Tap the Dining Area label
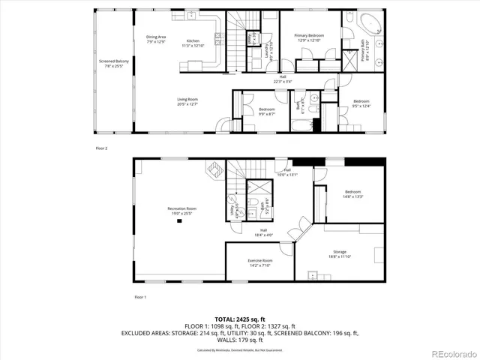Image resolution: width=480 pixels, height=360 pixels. coord(156,39)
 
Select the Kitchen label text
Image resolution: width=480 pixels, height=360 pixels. coord(193,43)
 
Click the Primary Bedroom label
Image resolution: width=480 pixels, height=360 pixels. coord(309,37)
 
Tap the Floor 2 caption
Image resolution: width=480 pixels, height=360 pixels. coord(101,148)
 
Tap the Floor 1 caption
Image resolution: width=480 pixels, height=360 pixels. coord(140,297)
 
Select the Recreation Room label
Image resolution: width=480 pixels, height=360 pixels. coord(181,210)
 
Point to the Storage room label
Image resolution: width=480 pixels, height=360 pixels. coord(340,254)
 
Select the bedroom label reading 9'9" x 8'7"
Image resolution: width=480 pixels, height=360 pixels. coord(266,112)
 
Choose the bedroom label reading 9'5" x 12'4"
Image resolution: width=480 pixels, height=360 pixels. coord(361,103)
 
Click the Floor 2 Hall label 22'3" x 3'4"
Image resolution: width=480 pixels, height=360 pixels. coord(283,79)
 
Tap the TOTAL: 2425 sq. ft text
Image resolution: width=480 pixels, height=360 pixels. coord(239,318)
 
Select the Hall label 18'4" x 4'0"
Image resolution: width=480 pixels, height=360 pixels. coord(264,232)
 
